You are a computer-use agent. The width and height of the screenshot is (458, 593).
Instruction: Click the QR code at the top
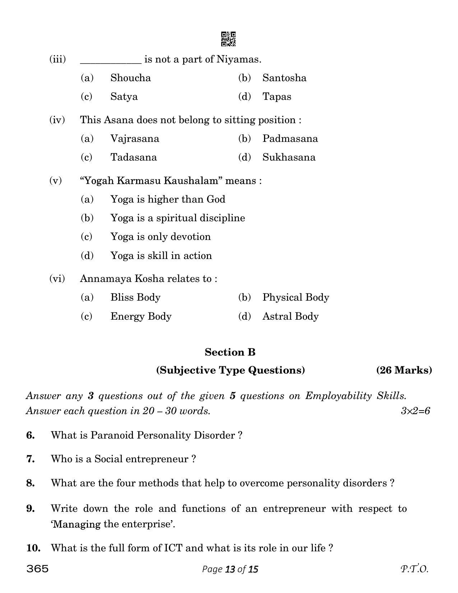point(228,39)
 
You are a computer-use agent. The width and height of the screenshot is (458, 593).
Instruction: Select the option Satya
point(124,97)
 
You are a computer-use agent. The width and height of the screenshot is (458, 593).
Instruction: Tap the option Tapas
point(277,97)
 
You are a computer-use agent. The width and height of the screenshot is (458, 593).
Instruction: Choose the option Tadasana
point(133,157)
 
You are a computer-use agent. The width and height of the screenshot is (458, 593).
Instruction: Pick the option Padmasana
point(290,139)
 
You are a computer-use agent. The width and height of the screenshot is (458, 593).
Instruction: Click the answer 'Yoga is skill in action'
point(161,256)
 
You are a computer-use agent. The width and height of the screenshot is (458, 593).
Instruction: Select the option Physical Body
point(296,297)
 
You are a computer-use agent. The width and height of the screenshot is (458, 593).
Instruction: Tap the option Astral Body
point(290,316)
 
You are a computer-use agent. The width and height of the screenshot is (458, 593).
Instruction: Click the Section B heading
point(230,352)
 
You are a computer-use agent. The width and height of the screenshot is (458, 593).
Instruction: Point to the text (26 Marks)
point(404,370)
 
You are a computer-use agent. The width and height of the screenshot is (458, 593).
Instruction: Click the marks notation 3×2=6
point(415,411)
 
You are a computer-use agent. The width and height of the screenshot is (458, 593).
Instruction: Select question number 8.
point(31,483)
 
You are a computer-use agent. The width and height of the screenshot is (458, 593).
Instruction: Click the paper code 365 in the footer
point(37,569)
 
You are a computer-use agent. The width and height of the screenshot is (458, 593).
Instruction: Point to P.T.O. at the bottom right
point(414,569)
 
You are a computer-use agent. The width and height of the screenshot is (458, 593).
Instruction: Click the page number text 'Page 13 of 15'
point(230,569)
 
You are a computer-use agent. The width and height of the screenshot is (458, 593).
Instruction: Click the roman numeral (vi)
point(57,279)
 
